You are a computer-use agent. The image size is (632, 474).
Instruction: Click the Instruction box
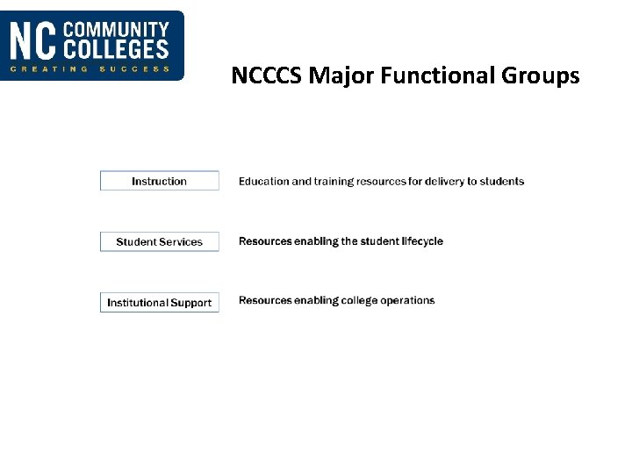pyautogui.click(x=159, y=181)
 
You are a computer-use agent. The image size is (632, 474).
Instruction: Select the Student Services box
pyautogui.click(x=159, y=241)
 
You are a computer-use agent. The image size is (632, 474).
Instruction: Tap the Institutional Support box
pyautogui.click(x=159, y=303)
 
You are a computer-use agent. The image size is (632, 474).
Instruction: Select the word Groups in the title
pyautogui.click(x=541, y=76)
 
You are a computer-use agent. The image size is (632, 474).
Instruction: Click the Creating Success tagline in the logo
pyautogui.click(x=90, y=69)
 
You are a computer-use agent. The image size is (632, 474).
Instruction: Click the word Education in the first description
pyautogui.click(x=263, y=182)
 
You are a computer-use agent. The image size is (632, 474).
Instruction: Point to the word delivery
pyautogui.click(x=444, y=182)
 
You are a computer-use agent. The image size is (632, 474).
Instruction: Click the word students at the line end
pyautogui.click(x=502, y=182)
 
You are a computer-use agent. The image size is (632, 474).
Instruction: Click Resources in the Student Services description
pyautogui.click(x=265, y=241)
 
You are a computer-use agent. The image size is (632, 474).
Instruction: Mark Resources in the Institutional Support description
pyautogui.click(x=265, y=301)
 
